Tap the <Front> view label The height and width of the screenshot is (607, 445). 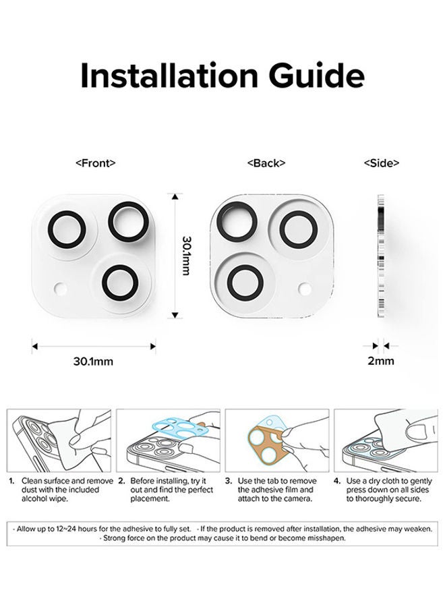[95, 163]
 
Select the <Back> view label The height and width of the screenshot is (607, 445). [266, 163]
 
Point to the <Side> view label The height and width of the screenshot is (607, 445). [381, 163]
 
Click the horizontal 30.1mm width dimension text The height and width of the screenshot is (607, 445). [93, 361]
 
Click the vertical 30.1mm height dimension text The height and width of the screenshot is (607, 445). [186, 256]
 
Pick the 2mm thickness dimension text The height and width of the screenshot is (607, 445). [380, 361]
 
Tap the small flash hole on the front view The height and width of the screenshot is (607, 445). [61, 289]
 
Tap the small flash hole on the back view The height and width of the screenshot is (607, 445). [305, 289]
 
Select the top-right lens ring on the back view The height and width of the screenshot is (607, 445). [297, 229]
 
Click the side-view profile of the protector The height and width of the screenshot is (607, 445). [381, 256]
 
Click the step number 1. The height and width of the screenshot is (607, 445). [11, 481]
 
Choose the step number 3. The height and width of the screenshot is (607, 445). [229, 481]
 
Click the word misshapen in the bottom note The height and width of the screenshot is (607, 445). [323, 538]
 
